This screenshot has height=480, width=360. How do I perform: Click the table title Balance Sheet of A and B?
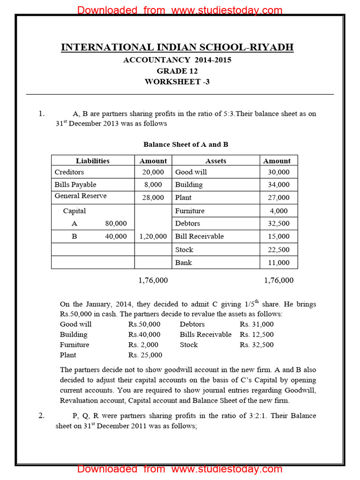[186, 144]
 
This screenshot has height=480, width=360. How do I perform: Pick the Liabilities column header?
[93, 161]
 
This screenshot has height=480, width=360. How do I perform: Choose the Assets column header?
[216, 161]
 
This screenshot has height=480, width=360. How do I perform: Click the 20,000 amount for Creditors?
[153, 172]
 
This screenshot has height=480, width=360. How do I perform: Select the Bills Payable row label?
[75, 185]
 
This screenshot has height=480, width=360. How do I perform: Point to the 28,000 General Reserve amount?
[153, 197]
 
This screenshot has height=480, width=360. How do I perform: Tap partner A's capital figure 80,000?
[116, 224]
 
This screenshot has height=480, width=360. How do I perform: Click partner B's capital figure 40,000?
[116, 236]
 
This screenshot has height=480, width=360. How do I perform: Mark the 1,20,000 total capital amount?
[153, 237]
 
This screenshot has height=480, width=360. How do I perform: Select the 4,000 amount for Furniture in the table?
[279, 211]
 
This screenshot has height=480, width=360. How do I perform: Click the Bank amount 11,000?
[279, 262]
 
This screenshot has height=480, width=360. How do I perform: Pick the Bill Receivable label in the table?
[199, 236]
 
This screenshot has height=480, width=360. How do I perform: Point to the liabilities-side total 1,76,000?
[153, 280]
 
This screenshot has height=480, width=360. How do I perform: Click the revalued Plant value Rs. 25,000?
[145, 355]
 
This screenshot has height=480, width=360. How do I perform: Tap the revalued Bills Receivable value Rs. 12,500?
[257, 334]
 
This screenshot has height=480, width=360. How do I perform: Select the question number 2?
[42, 415]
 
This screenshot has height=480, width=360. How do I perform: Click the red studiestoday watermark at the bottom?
[180, 469]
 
